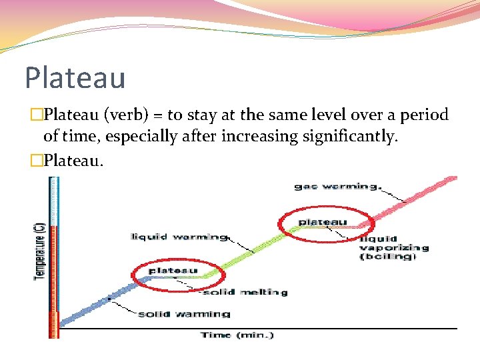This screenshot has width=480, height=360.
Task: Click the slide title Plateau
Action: coord(75,77)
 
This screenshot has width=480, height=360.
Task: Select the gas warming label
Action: coord(337,187)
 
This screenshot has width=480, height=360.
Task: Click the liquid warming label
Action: coord(179,237)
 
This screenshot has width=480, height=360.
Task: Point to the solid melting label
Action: coord(245,292)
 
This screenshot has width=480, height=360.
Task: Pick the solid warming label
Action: coord(184,313)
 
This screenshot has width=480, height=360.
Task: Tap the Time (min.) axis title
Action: coord(237,335)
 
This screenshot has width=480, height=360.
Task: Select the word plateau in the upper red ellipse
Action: coord(323,221)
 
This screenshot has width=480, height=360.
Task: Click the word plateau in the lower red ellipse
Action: coord(173,270)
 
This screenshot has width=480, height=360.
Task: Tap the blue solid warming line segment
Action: coord(100,303)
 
